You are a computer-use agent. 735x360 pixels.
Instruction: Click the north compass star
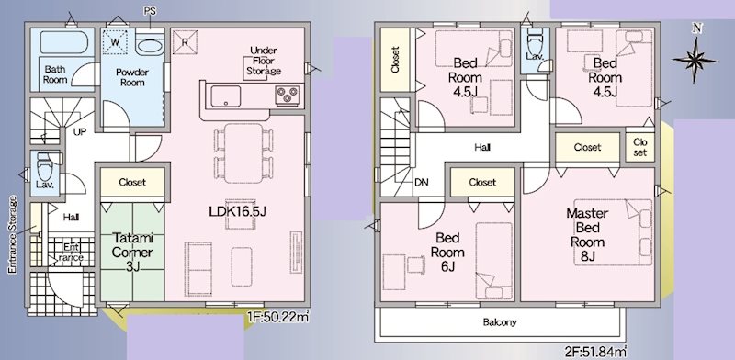coord(696,60)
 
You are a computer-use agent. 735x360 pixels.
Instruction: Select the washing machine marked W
coord(115,41)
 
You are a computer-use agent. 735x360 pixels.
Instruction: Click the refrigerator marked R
coord(185,41)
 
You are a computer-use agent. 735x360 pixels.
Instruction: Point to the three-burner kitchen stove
coord(288,96)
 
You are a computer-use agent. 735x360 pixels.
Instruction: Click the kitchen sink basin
coord(225,96)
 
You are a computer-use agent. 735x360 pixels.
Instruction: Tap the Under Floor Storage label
coord(264,61)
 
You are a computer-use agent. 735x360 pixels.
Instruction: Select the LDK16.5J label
coord(238,211)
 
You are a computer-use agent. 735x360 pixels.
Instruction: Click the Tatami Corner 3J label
coord(132,253)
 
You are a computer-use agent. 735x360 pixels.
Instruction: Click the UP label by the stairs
coord(80,132)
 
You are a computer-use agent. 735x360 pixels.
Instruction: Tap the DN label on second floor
coord(421,182)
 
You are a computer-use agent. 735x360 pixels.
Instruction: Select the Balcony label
coord(500,322)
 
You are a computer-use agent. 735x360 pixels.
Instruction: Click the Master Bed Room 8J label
coord(587,235)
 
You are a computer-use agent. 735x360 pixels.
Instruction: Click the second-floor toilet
coord(535,43)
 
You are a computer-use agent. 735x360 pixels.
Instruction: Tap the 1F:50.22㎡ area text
coord(278,318)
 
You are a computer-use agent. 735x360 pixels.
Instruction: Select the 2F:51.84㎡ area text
coord(596,350)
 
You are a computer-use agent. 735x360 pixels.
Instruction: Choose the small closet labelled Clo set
coord(639,147)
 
